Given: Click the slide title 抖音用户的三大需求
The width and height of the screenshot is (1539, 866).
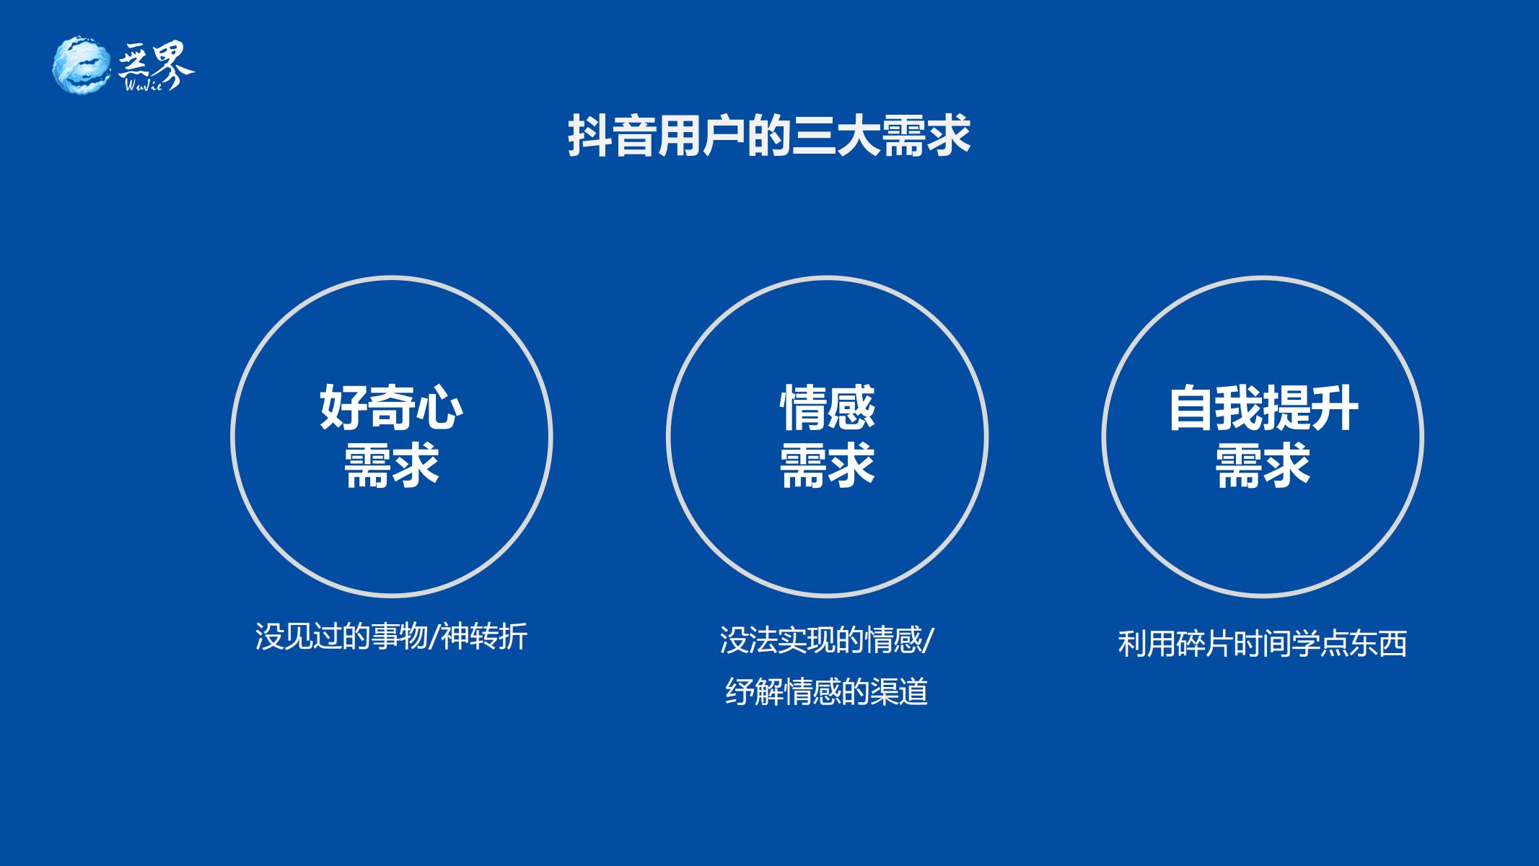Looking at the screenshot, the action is tap(769, 134).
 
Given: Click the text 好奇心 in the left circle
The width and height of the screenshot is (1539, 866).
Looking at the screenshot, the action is tap(391, 408).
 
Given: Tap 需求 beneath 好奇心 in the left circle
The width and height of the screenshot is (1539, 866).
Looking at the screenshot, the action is tap(391, 465).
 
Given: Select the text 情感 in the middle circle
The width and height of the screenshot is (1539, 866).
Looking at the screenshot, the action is tap(827, 408).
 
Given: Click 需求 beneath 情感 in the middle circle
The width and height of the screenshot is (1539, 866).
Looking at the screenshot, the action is tap(827, 465).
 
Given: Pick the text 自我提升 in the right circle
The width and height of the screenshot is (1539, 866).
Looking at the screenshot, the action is tap(1263, 408).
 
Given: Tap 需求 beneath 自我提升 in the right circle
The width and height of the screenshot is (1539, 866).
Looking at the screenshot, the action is tap(1263, 465).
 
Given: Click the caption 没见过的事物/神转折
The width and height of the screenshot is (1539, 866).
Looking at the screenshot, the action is tap(391, 637).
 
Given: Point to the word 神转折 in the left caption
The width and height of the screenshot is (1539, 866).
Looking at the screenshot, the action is tap(484, 637).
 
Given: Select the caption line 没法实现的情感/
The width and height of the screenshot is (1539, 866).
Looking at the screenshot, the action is tap(827, 640).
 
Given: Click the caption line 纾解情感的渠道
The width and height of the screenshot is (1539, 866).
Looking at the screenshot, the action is tap(827, 691).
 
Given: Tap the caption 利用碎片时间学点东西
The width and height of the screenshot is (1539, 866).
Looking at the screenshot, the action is tap(1263, 644).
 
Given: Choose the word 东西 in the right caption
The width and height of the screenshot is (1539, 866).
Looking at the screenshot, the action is tap(1379, 644).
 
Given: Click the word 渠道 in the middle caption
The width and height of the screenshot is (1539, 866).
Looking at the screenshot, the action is tap(900, 691).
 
